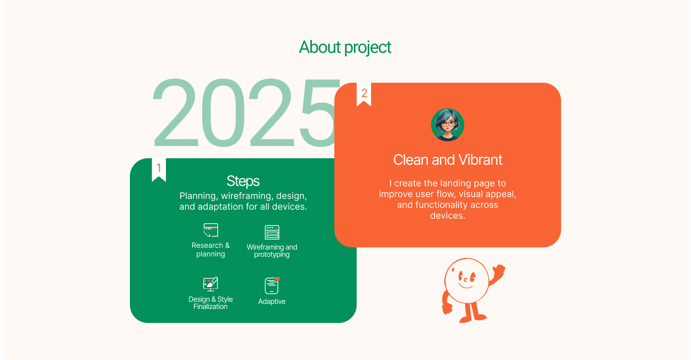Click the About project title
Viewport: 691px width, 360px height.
[x=345, y=47]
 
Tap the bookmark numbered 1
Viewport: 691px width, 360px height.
[x=159, y=169]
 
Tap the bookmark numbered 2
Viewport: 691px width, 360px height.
[x=364, y=94]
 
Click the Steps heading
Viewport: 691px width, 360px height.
[x=243, y=181]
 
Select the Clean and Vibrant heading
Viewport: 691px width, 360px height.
[x=448, y=160]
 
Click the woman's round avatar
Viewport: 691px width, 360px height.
[x=448, y=125]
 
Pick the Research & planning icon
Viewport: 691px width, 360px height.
[x=211, y=230]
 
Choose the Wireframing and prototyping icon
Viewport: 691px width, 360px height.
[x=272, y=232]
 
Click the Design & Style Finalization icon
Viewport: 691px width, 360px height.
[x=211, y=284]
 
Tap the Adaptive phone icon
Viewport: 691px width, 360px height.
[x=272, y=286]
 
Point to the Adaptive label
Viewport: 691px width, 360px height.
[x=272, y=301]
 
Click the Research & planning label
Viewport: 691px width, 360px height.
[x=211, y=250]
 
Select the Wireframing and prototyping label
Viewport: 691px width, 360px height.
[x=272, y=251]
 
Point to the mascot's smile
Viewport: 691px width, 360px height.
[x=466, y=286]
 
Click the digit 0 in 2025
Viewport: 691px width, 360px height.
[x=223, y=112]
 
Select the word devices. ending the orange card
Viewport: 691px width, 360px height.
[x=448, y=215]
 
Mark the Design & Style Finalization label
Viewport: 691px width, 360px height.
[x=211, y=303]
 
